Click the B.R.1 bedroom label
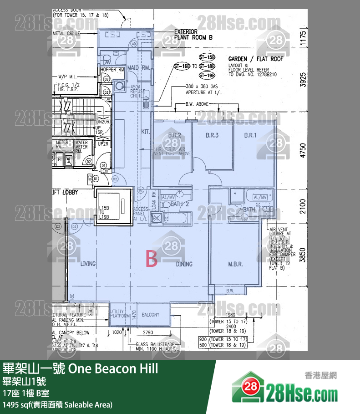pyautogui.click(x=250, y=135)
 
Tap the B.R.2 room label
pyautogui.click(x=175, y=135)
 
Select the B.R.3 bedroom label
pyautogui.click(x=212, y=135)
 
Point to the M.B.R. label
pyautogui.click(x=235, y=264)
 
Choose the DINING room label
pyautogui.click(x=184, y=264)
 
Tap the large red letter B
pyautogui.click(x=151, y=259)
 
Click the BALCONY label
pyautogui.click(x=151, y=315)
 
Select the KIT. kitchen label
pyautogui.click(x=146, y=132)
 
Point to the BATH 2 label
pyautogui.click(x=179, y=204)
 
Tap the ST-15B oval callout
pyautogui.click(x=207, y=58)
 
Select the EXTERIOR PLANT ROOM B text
pyautogui.click(x=193, y=35)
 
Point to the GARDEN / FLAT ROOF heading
pyautogui.click(x=255, y=59)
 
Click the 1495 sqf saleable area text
pyautogui.click(x=57, y=404)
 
